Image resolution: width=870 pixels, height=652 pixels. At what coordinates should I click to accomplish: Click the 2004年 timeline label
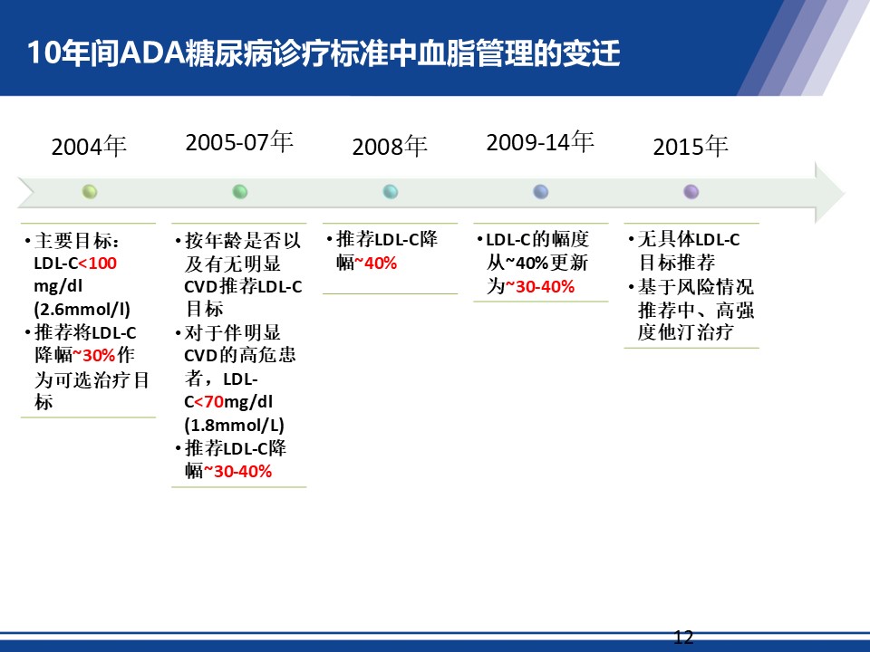pyautogui.click(x=89, y=147)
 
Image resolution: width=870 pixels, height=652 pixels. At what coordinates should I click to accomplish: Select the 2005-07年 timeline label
pyautogui.click(x=239, y=142)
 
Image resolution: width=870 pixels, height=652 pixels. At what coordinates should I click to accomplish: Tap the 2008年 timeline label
pyautogui.click(x=390, y=147)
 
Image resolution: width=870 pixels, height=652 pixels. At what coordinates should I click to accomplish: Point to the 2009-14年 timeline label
pyautogui.click(x=540, y=142)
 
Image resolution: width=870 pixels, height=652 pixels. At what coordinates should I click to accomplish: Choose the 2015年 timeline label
pyautogui.click(x=691, y=147)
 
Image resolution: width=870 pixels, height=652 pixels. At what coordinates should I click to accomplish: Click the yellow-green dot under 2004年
pyautogui.click(x=90, y=192)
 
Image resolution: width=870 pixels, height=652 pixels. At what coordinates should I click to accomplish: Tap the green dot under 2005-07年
pyautogui.click(x=239, y=192)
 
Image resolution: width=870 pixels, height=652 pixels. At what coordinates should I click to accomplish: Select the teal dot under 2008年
pyautogui.click(x=390, y=192)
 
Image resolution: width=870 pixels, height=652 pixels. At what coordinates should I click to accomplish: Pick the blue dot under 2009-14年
pyautogui.click(x=540, y=192)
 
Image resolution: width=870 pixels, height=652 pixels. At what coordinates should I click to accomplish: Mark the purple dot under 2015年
pyautogui.click(x=691, y=192)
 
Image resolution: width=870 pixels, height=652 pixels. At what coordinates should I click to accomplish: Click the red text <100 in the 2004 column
pyautogui.click(x=98, y=264)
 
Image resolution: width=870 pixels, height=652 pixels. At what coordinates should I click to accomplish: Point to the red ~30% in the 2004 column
pyautogui.click(x=94, y=355)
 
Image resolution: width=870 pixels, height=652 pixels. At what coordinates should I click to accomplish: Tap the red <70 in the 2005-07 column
pyautogui.click(x=209, y=401)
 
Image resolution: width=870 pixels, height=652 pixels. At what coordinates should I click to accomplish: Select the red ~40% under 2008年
pyautogui.click(x=375, y=263)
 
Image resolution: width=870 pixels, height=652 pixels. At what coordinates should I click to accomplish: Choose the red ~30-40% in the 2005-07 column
pyautogui.click(x=237, y=471)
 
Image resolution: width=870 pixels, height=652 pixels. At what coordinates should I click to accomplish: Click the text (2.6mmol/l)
pyautogui.click(x=82, y=310)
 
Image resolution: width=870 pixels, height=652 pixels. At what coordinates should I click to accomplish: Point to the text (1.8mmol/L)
pyautogui.click(x=234, y=426)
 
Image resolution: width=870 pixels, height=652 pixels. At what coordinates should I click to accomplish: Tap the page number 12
pyautogui.click(x=683, y=637)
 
